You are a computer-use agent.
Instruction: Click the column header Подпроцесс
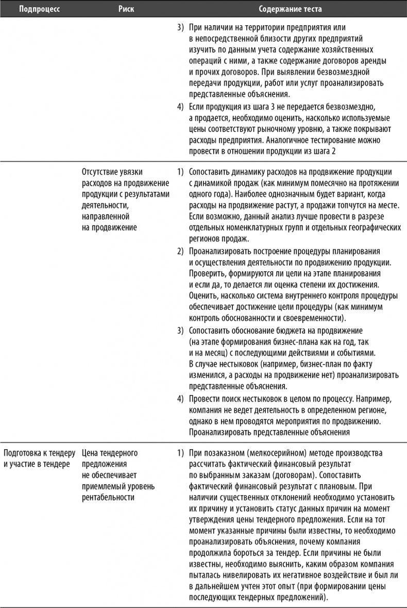pos(37,9)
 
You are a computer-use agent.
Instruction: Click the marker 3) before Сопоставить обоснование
pos(180,330)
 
